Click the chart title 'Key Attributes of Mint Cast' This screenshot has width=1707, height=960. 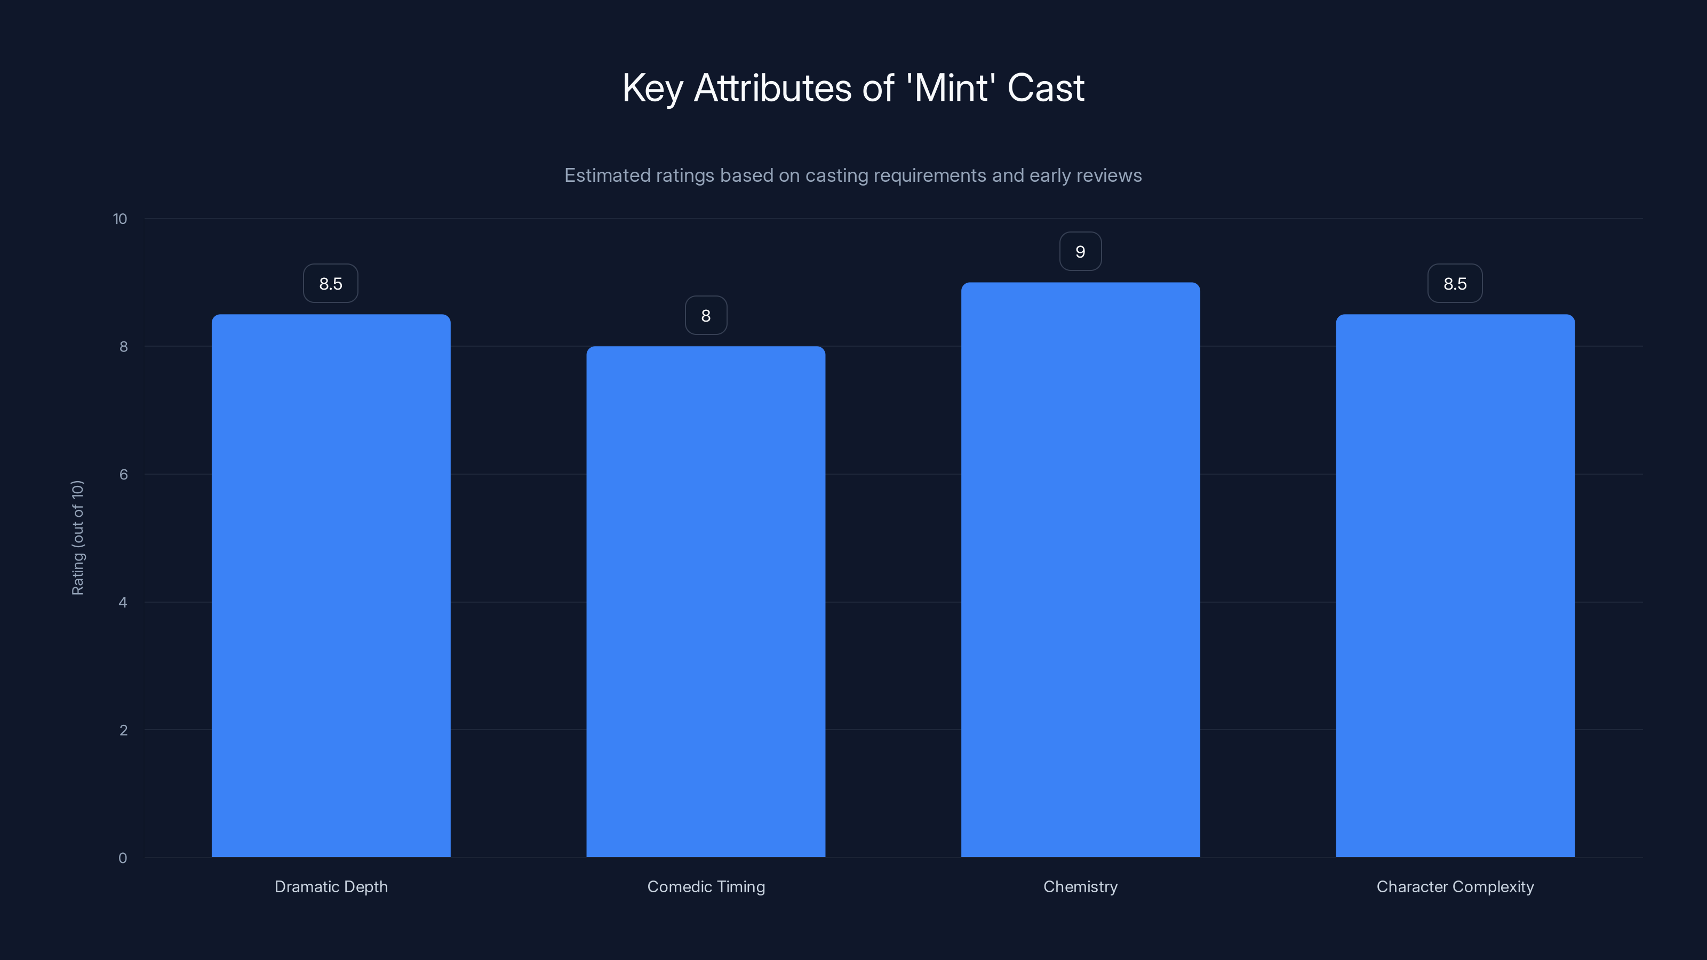pos(853,88)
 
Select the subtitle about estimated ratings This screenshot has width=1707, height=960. pos(853,175)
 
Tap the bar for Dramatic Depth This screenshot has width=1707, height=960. pos(331,586)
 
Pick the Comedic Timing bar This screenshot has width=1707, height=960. pos(706,602)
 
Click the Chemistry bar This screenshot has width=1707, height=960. pos(1080,570)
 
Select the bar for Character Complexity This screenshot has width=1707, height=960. pos(1455,586)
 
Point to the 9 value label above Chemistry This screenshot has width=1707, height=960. pos(1080,252)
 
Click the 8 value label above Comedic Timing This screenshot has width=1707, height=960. pos(706,316)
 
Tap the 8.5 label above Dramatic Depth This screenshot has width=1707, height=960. pos(331,284)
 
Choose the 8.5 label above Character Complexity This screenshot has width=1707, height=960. pos(1455,284)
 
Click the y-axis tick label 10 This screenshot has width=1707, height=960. pos(120,219)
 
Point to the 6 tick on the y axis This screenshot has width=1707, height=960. pos(123,474)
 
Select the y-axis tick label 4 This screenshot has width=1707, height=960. pos(123,602)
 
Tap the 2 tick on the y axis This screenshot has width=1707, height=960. pos(123,730)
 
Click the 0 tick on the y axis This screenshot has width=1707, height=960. pos(123,858)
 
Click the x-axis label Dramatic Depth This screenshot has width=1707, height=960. pos(331,886)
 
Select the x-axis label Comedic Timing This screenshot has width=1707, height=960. pos(706,886)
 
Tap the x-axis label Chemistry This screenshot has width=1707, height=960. pos(1080,886)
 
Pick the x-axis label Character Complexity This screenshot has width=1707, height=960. pos(1455,886)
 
